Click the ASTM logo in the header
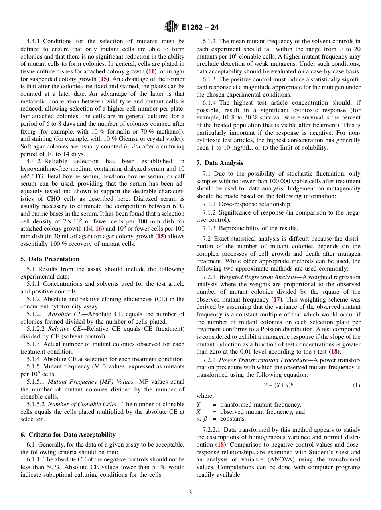tap(171, 27)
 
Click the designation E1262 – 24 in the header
tap(200, 28)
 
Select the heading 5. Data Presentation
tap(50, 259)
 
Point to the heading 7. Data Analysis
tap(219, 163)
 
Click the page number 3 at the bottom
tap(190, 493)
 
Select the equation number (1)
tap(356, 385)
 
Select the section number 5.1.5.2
tap(36, 404)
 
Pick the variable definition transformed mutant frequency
tap(260, 405)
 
